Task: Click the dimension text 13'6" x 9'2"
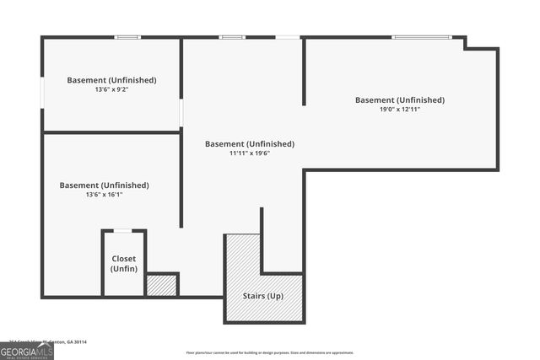tap(111, 89)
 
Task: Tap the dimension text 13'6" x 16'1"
tap(104, 195)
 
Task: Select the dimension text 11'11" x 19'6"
tap(250, 153)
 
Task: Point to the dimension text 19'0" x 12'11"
tap(399, 110)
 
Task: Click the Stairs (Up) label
tap(263, 296)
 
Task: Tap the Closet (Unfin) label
tap(124, 263)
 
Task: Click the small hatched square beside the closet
tap(161, 285)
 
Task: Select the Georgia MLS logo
tap(27, 352)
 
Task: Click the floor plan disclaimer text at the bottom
tap(270, 352)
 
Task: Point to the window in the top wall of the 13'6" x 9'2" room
tap(127, 37)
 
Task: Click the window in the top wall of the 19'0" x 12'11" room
tap(422, 37)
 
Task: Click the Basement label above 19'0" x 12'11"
tap(399, 99)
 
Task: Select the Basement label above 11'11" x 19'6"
tap(250, 143)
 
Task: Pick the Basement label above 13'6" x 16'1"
tap(104, 185)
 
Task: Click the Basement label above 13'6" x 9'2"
tap(111, 80)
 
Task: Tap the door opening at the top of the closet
tap(124, 230)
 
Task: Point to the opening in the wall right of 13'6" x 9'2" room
tap(181, 112)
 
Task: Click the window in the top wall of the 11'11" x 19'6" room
tap(232, 37)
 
